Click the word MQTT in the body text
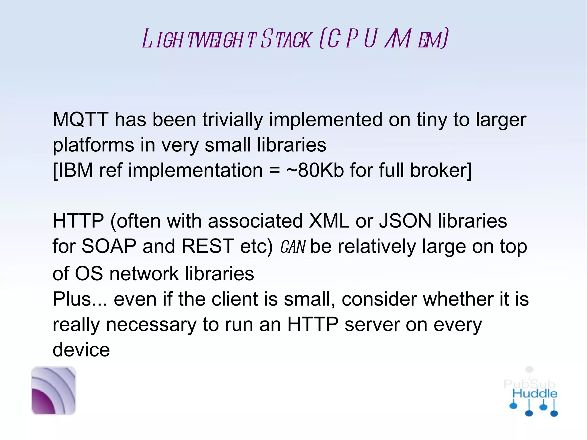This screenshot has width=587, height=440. (x=81, y=120)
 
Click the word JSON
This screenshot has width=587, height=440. (x=405, y=221)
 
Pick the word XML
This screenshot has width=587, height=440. (x=329, y=221)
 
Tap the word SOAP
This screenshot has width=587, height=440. (x=109, y=246)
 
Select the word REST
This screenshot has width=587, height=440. (x=208, y=246)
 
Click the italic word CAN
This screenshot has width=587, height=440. (x=293, y=247)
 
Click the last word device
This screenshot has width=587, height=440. (x=81, y=350)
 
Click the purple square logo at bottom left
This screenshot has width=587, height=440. (x=54, y=391)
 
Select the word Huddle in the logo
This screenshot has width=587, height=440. (x=535, y=394)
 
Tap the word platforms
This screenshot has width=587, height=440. (x=93, y=145)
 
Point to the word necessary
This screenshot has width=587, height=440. (x=151, y=325)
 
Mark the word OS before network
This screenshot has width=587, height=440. (x=89, y=274)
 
